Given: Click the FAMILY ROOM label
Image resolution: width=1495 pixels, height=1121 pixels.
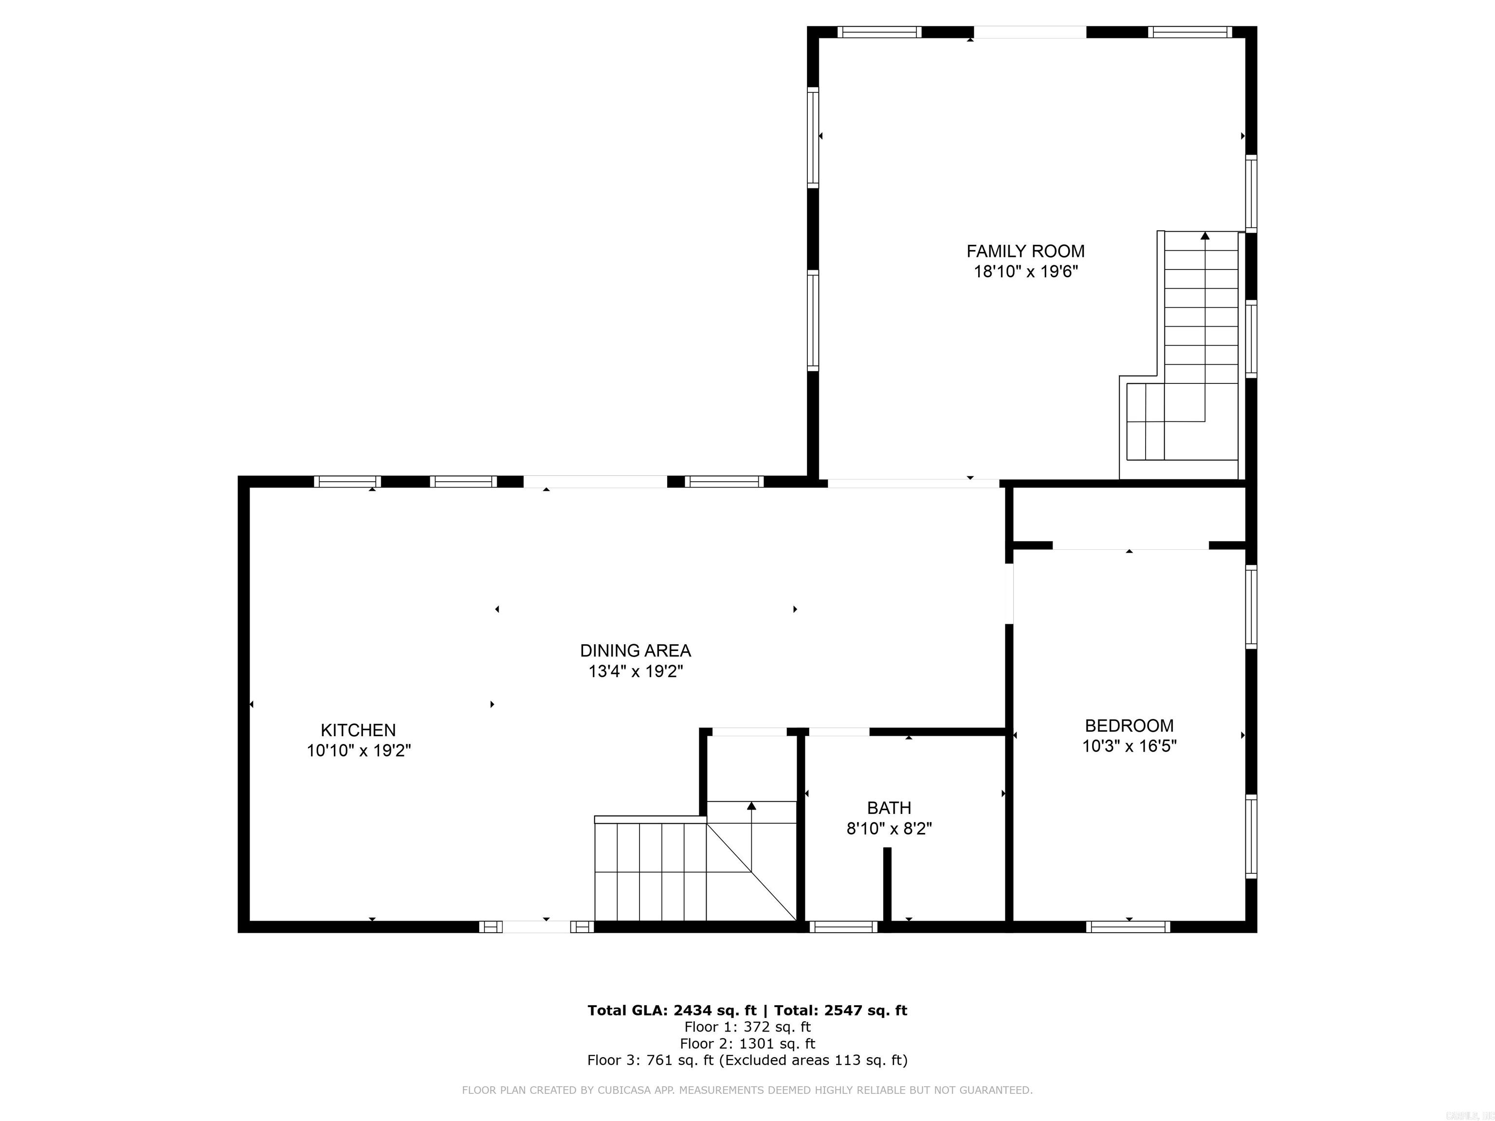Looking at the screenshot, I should pos(1025,252).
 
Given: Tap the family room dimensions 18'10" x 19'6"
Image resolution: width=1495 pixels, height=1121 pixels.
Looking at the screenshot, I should pos(1025,271).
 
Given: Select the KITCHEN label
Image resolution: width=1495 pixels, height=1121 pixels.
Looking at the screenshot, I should pos(358,730).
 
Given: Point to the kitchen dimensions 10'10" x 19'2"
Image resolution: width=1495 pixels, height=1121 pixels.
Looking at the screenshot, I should pos(358,750).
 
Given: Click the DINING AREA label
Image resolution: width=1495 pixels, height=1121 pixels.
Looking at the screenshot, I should pos(635,651).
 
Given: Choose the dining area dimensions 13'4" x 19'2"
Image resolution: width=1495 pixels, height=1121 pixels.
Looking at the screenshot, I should pos(635,671).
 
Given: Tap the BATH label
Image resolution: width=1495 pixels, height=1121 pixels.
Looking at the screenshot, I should pos(889,808).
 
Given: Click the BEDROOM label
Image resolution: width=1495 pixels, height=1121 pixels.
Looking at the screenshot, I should pos(1129,726).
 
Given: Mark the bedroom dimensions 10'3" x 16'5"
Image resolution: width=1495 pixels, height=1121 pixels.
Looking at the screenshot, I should pos(1129,746).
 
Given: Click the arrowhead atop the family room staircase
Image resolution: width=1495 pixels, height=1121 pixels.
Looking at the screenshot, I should pos(1204,236).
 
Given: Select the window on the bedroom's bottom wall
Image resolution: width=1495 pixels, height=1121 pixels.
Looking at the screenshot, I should pos(1128,927).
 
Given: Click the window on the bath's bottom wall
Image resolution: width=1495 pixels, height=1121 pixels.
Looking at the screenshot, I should pos(843,927).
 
